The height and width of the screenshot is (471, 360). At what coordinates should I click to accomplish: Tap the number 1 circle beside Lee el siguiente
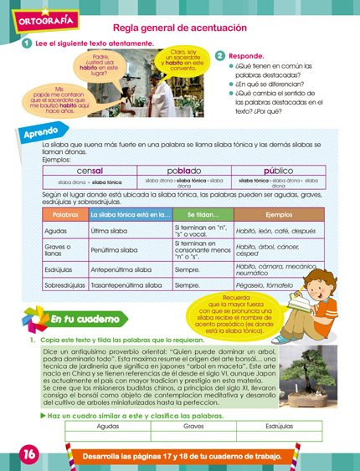click(28, 44)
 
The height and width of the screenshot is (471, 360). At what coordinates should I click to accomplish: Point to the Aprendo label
click(40, 133)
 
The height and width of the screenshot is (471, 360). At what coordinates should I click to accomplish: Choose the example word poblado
click(183, 170)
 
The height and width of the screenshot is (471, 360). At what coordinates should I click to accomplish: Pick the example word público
click(277, 170)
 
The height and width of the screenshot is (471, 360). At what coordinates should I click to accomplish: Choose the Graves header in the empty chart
click(193, 426)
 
